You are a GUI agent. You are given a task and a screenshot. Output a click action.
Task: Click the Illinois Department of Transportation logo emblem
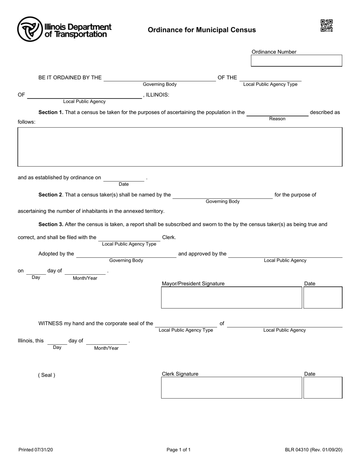pos(30,29)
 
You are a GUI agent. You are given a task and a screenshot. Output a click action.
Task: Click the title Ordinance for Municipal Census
pos(202,30)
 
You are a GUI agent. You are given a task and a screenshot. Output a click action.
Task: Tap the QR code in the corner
pos(326,26)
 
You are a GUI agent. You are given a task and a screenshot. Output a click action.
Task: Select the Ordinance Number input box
pos(296,61)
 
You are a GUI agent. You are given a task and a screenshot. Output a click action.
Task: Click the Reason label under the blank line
pos(277,119)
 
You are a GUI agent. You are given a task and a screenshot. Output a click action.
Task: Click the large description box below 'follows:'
pos(180,147)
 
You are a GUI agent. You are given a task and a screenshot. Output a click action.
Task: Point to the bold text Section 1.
pos(51,113)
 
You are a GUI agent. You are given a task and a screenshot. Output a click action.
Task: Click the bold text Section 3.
pos(51,224)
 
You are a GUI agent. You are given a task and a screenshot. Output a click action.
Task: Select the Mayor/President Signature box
pos(232,297)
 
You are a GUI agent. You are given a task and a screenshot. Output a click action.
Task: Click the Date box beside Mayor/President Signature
pos(323,297)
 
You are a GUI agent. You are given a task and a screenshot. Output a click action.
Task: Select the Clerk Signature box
pos(232,387)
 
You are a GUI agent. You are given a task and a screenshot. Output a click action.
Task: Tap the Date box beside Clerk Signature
pos(323,387)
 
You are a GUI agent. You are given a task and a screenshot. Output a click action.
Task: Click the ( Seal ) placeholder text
pos(47,375)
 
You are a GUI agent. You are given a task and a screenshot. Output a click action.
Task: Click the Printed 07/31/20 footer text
pos(36,450)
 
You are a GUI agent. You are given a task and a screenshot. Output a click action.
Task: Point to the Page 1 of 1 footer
pos(178,450)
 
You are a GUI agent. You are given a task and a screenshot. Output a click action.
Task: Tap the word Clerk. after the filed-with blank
pos(169,238)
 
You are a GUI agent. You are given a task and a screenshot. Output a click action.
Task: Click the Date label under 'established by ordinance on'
pos(124,184)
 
